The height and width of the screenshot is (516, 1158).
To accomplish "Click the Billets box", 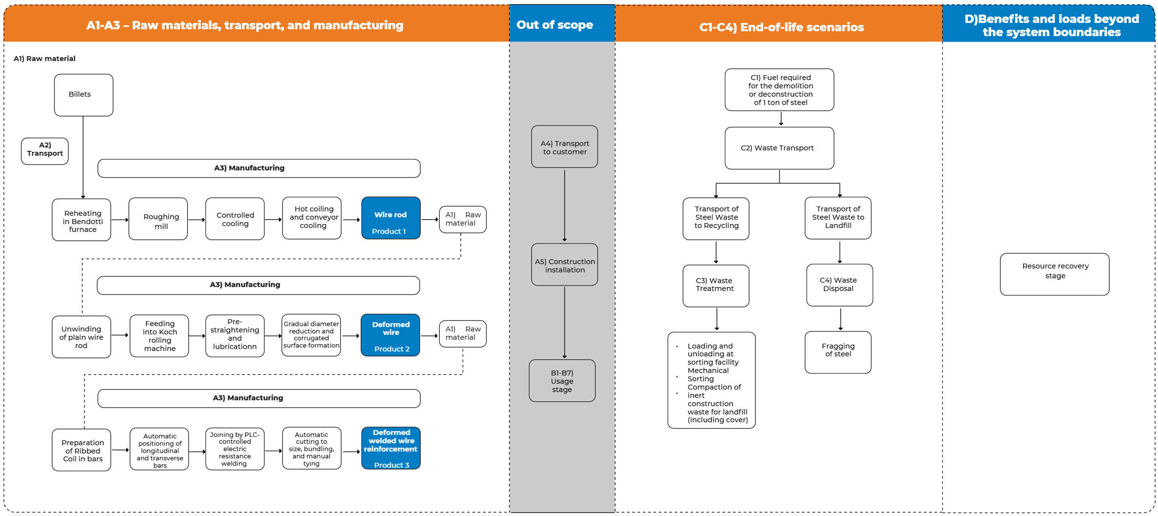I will point(84,95).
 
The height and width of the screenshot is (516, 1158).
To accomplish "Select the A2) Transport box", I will point(45,151).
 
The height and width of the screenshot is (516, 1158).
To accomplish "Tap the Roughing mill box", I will point(158,219).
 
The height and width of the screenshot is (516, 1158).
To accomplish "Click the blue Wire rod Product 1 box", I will point(391,218).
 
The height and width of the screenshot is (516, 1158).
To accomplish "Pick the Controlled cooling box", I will point(235,219).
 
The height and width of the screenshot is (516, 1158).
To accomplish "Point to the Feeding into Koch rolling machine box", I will point(159,336).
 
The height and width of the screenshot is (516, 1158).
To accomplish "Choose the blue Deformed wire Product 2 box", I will point(390,335).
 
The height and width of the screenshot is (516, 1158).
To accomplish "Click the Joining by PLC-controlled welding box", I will point(235,449).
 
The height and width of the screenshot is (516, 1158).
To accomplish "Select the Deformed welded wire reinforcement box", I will point(391,448).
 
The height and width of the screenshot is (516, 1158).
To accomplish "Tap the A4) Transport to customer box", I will point(564,147).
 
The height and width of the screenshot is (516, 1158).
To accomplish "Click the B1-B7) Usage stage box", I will point(562,381).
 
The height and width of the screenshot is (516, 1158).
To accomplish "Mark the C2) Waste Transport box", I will point(779,148).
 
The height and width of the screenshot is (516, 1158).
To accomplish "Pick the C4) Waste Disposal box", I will point(839,285).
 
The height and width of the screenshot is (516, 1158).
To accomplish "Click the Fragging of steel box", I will point(838,352).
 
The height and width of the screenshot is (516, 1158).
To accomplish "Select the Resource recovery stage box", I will point(1054,274).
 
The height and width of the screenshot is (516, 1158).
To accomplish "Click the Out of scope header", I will point(555,24).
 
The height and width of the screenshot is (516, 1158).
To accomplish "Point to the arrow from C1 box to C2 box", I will point(781,119).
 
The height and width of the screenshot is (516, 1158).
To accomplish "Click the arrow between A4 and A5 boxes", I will point(564,205).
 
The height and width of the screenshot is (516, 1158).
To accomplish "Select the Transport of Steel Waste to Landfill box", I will point(838,218).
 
